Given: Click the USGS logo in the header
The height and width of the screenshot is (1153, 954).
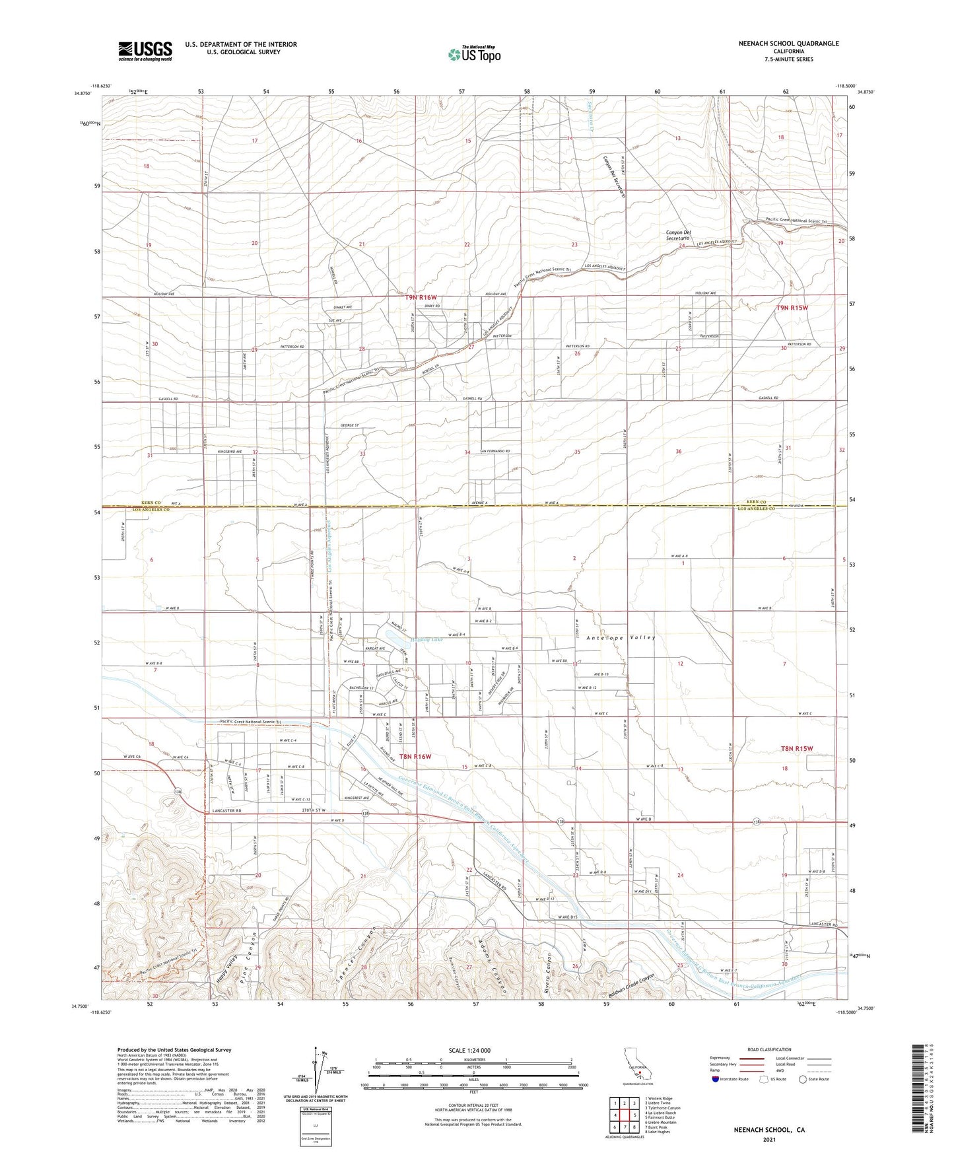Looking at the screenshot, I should [145, 50].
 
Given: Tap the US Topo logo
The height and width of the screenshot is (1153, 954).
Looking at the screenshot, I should [473, 54].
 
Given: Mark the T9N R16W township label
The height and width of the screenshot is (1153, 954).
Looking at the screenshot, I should [421, 298].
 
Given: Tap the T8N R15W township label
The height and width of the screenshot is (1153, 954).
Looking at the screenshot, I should [797, 748].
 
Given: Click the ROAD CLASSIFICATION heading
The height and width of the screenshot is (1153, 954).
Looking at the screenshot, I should [769, 1049].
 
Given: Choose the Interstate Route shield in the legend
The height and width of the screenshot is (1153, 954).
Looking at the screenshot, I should [716, 1079].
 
